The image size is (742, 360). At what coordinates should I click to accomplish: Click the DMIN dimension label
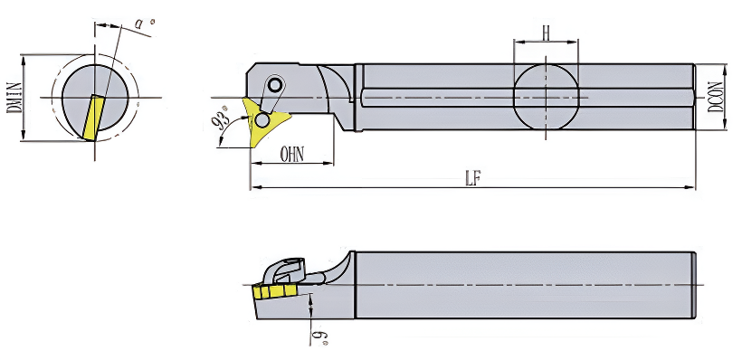click(x=13, y=98)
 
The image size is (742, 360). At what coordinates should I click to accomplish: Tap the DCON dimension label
click(x=716, y=97)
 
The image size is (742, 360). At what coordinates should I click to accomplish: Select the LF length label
click(x=471, y=179)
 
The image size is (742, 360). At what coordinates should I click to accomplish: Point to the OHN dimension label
click(x=292, y=155)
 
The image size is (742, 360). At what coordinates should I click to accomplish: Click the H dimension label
click(x=546, y=33)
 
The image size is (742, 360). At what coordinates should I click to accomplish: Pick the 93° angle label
click(x=220, y=121)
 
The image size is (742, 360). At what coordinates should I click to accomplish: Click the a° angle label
click(x=142, y=23)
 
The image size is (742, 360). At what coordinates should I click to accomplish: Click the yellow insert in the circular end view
click(x=92, y=118)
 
